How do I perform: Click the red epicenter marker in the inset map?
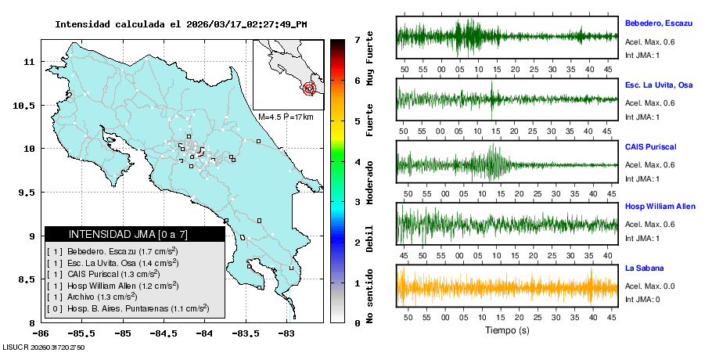[x=309, y=88]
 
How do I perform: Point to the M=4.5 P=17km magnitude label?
[x=286, y=117]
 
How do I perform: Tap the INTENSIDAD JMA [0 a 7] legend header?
[x=135, y=234]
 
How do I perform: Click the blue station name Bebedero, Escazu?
[x=659, y=24]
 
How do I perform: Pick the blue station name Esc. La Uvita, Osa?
[x=659, y=85]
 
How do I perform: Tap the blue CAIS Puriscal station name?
[x=650, y=146]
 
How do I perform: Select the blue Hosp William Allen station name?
[x=659, y=207]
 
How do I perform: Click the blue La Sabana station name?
[x=643, y=268]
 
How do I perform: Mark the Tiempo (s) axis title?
[x=507, y=331]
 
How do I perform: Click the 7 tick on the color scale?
[x=357, y=39]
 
